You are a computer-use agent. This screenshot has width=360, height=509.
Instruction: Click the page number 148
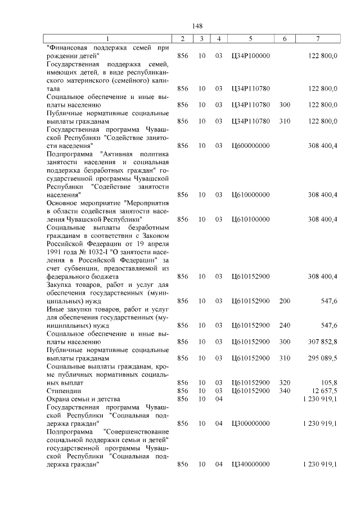[x=197, y=26]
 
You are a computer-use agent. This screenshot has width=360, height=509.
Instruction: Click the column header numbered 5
[x=250, y=39]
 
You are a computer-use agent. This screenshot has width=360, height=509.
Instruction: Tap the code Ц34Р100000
[x=251, y=56]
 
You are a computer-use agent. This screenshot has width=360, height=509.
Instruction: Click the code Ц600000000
[x=251, y=146]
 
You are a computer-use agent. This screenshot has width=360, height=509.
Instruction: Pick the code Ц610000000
[x=251, y=195]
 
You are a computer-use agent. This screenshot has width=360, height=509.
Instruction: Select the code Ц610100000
[x=251, y=219]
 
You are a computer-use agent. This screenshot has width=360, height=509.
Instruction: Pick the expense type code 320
[x=285, y=382]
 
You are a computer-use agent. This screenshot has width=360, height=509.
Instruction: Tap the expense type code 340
[x=285, y=390]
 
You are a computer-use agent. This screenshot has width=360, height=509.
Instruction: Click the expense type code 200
[x=285, y=301]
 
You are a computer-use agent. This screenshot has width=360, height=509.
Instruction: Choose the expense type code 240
[x=285, y=325]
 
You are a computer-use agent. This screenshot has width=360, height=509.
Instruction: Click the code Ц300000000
[x=251, y=423]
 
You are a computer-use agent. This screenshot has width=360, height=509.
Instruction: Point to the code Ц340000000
[x=251, y=465]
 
